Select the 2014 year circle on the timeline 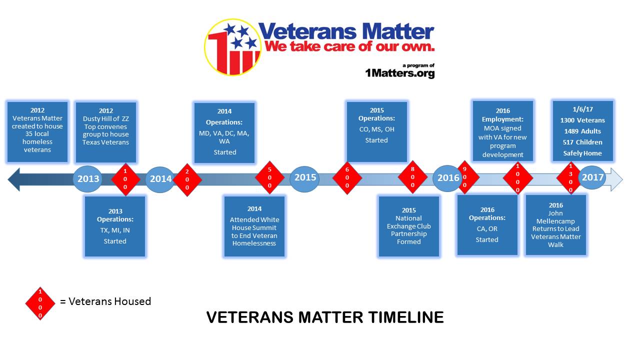[160, 179]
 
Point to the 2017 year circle [592, 177]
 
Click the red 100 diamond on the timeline [125, 179]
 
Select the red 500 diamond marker [269, 177]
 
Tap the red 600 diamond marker [347, 177]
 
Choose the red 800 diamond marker [412, 177]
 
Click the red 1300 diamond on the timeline [570, 178]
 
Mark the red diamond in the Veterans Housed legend [40, 303]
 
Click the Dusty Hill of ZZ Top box [106, 132]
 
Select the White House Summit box [254, 226]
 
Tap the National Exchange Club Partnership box [409, 226]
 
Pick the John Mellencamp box [555, 225]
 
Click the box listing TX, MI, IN [115, 226]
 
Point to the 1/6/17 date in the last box [583, 109]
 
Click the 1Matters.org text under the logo [399, 73]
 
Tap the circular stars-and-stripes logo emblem [232, 47]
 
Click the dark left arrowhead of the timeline [13, 179]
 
